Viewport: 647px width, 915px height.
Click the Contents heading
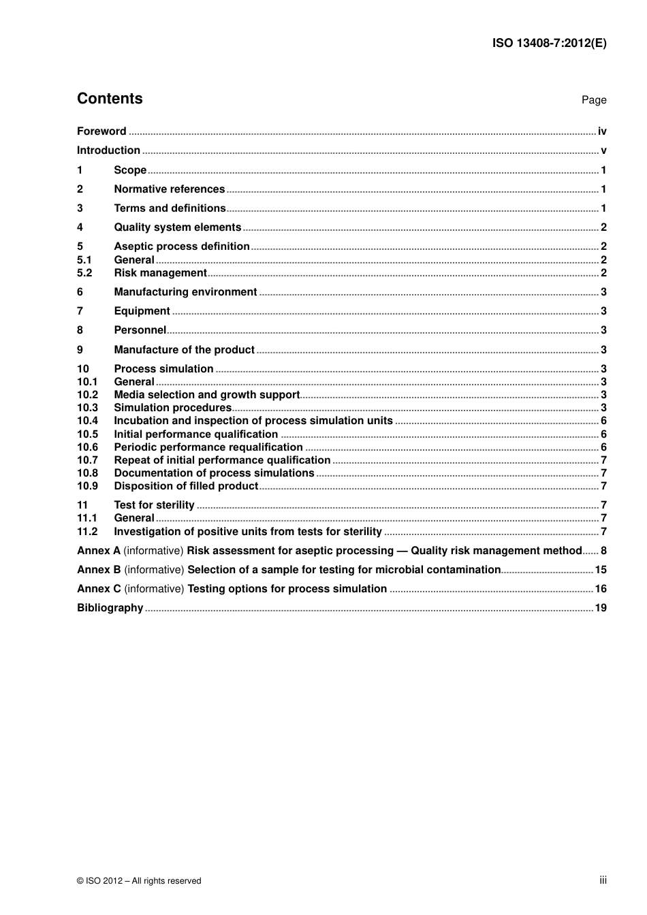pyautogui.click(x=110, y=99)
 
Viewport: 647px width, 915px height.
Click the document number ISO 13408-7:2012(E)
pyautogui.click(x=549, y=44)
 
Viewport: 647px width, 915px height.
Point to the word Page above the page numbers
pyautogui.click(x=593, y=100)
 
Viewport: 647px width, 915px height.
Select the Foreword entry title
pyautogui.click(x=101, y=131)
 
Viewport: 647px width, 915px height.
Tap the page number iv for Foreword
pyautogui.click(x=601, y=131)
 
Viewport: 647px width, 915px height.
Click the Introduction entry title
pyautogui.click(x=108, y=150)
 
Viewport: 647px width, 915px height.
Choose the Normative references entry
pyautogui.click(x=169, y=189)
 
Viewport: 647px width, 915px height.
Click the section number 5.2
pyautogui.click(x=84, y=273)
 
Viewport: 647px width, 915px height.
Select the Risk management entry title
pyautogui.click(x=160, y=273)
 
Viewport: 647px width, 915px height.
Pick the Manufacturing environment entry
pyautogui.click(x=185, y=292)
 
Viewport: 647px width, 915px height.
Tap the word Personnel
pyautogui.click(x=140, y=330)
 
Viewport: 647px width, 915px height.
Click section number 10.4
pyautogui.click(x=87, y=421)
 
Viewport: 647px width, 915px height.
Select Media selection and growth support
pyautogui.click(x=206, y=395)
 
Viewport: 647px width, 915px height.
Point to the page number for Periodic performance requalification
pyautogui.click(x=603, y=447)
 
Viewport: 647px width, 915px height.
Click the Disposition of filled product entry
pyautogui.click(x=186, y=486)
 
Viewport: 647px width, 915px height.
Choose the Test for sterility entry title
pyautogui.click(x=154, y=505)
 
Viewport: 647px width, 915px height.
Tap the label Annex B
pyautogui.click(x=99, y=570)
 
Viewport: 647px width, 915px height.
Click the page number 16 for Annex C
pyautogui.click(x=600, y=589)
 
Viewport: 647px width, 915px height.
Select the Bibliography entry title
pyautogui.click(x=110, y=608)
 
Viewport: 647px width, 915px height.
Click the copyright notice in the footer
pyautogui.click(x=139, y=881)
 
